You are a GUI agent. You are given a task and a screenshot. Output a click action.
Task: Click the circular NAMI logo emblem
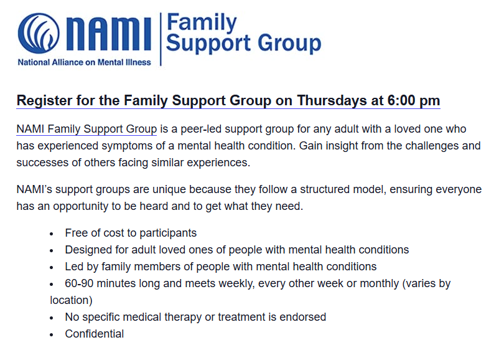(39, 34)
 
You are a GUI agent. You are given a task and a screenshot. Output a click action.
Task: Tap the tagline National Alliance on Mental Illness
(84, 62)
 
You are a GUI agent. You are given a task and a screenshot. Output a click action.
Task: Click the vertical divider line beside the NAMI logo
(161, 39)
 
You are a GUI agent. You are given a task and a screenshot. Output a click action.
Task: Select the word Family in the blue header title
(202, 22)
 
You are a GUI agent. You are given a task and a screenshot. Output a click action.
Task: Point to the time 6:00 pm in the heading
(413, 100)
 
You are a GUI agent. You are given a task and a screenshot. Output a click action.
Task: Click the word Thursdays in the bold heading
(332, 100)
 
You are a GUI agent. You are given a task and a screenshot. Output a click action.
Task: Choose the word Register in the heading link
(44, 101)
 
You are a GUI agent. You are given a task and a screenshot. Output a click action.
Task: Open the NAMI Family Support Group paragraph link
(86, 129)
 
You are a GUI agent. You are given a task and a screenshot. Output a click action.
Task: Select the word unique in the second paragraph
(169, 189)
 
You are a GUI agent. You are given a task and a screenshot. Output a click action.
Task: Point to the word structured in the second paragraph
(325, 189)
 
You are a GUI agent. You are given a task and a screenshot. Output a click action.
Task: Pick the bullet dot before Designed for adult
(52, 251)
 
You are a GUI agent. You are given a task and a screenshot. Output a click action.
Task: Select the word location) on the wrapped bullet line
(71, 300)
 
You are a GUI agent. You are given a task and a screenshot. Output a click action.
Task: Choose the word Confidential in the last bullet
(95, 334)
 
